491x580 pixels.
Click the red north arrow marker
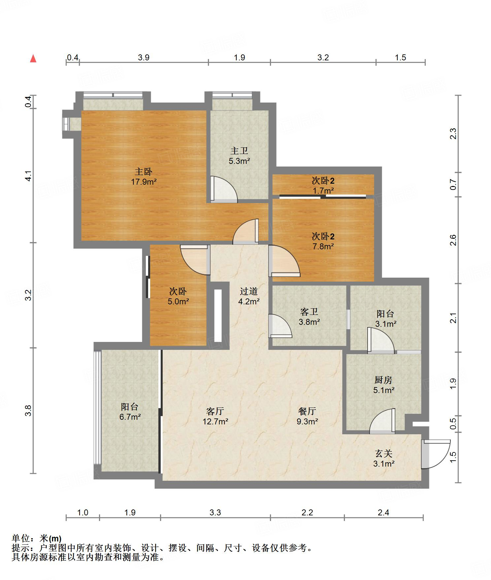tap(33, 59)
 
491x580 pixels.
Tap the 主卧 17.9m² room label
tap(144, 176)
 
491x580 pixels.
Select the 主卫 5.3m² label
tap(239, 156)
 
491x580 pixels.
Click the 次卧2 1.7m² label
tap(323, 185)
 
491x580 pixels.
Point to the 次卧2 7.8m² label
tap(323, 241)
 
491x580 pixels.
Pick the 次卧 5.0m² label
tap(178, 296)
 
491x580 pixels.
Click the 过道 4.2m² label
tap(249, 296)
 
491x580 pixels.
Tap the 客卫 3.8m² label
tap(309, 317)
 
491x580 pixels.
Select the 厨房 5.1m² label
tap(384, 385)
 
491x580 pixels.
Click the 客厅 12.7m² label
tap(215, 416)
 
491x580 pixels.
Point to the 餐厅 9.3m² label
tap(307, 416)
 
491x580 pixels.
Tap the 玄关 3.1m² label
tap(384, 459)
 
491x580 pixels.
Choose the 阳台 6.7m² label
tap(130, 412)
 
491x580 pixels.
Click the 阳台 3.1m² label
tap(386, 319)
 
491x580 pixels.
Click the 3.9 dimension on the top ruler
tap(144, 58)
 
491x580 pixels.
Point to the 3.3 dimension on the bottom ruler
tap(215, 513)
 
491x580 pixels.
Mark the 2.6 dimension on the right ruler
tap(453, 240)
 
